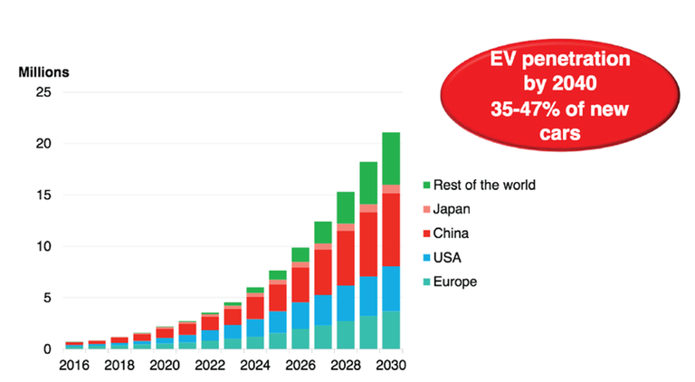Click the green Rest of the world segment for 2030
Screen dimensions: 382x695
390,158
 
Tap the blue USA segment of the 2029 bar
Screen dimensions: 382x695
367,296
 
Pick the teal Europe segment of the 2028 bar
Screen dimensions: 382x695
345,335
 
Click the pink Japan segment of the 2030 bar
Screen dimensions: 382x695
390,188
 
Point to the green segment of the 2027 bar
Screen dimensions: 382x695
323,232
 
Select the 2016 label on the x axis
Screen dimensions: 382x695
75,367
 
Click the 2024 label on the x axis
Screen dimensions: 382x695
255,367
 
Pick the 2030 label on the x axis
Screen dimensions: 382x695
390,367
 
